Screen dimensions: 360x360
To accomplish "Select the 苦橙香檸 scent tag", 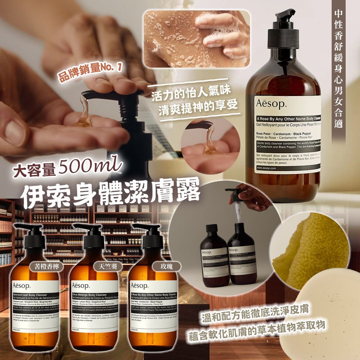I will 45,266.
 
